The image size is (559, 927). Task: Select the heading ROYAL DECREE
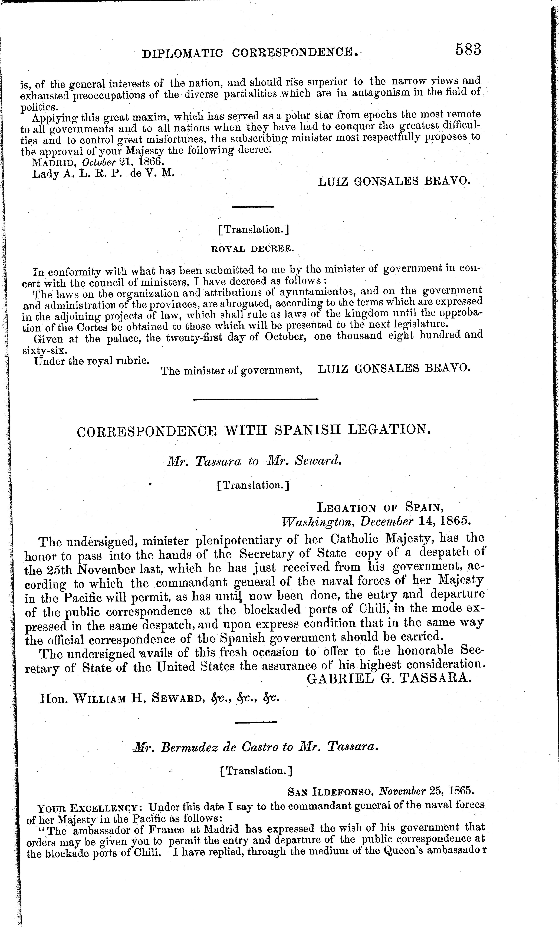pos(252,249)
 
